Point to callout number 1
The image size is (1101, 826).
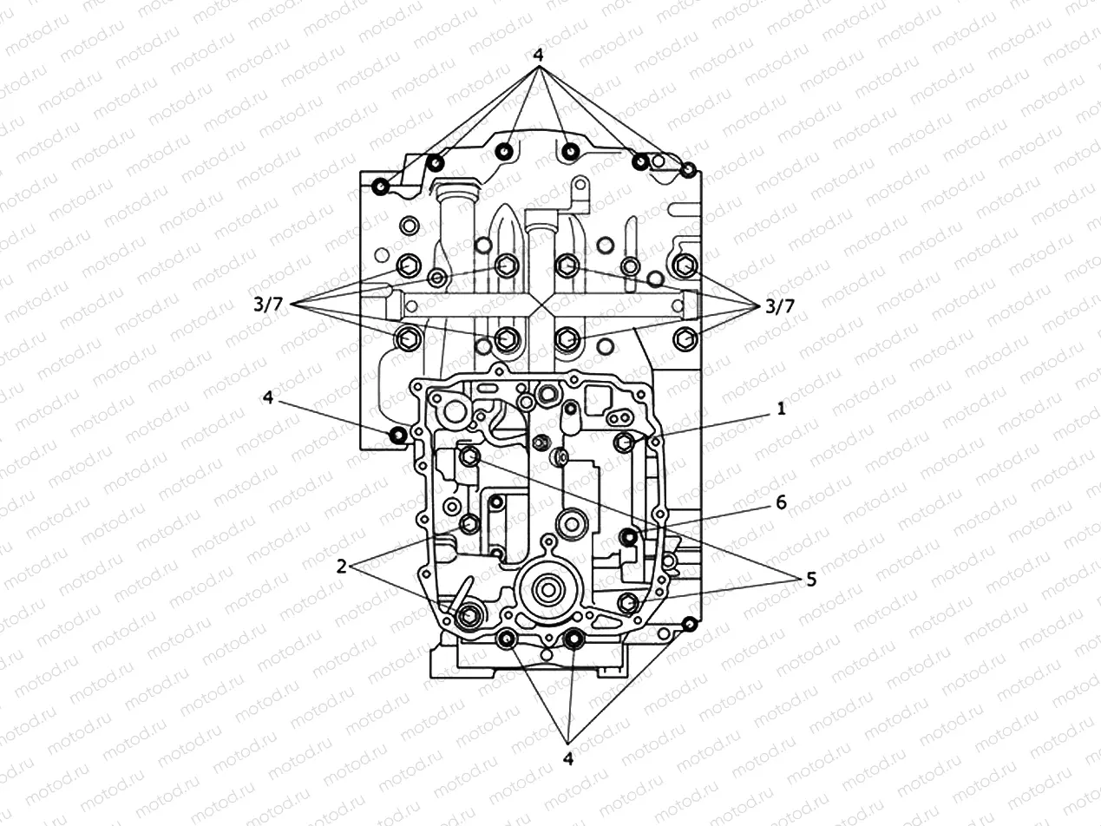pos(781,409)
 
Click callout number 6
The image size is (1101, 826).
pos(781,502)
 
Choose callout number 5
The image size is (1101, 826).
pos(810,580)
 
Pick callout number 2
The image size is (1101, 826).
pos(342,566)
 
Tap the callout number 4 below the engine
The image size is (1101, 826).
pos(568,758)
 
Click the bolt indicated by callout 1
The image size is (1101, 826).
pos(623,443)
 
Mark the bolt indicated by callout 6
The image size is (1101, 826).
pos(629,538)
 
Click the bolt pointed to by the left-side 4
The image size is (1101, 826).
pos(398,435)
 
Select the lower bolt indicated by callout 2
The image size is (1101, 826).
pos(468,615)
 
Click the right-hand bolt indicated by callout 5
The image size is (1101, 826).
pos(628,602)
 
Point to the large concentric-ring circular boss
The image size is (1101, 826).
pos(548,593)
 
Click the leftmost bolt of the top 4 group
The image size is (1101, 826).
pos(380,187)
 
